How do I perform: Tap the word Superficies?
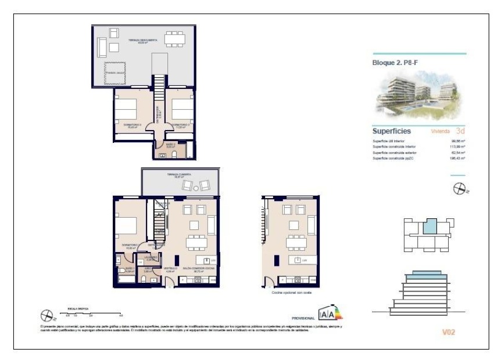tap(392, 131)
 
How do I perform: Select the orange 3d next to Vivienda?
tap(460, 131)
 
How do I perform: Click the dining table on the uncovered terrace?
tap(173, 39)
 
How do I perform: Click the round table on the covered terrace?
tap(196, 185)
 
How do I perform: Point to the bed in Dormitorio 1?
tap(128, 225)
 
